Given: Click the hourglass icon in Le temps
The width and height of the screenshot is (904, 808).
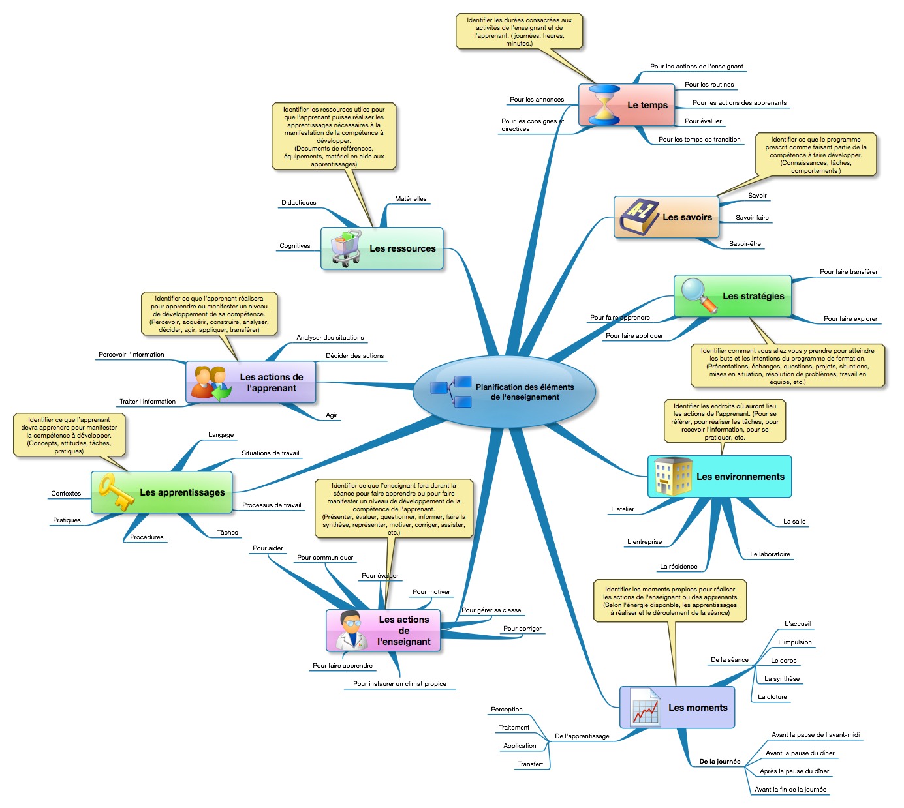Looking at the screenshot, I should pos(604,104).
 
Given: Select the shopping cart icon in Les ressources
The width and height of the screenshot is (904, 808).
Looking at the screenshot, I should pos(346,248).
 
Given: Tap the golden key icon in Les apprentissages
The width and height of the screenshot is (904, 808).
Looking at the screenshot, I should pos(116,492).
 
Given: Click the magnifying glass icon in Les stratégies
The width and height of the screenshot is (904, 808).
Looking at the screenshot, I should pos(698,295).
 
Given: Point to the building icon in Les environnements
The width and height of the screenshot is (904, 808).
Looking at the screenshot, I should pos(672,476).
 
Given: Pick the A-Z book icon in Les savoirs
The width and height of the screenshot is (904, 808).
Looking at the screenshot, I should pos(638,217).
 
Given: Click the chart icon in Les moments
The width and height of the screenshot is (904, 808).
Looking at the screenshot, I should pos(645,708).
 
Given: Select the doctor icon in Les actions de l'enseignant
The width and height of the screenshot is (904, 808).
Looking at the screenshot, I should pos(351,630).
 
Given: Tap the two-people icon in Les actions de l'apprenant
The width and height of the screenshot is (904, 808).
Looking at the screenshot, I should pos(210,382).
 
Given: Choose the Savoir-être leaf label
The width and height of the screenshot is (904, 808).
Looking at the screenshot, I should pos(745,244).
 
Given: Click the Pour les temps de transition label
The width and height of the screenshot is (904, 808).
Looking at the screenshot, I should pos(699,140).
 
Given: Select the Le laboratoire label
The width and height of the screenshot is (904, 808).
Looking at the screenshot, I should pos(770,554).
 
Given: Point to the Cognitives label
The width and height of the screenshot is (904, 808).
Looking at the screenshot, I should pos(295,246).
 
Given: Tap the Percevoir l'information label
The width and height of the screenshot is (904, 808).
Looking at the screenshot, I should pos(131,355).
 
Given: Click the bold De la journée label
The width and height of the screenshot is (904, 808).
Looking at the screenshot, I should pos(719,762).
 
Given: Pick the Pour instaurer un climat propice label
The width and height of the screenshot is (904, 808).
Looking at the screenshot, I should pos(399,684).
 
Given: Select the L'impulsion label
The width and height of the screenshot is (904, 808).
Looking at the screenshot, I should pos(794,642).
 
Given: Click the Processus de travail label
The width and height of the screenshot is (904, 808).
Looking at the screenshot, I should pos(272,505).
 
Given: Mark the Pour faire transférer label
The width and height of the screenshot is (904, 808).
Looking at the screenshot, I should pos(849,272).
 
